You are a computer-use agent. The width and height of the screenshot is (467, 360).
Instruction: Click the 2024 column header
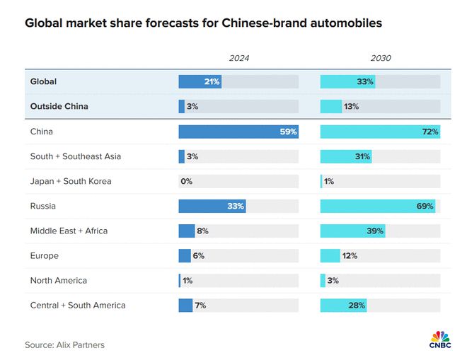click(x=238, y=58)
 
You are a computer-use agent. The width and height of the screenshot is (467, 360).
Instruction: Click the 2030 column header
click(x=380, y=58)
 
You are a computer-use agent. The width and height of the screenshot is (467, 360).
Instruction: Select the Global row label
click(x=43, y=82)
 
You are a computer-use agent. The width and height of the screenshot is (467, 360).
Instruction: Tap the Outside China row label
click(x=60, y=107)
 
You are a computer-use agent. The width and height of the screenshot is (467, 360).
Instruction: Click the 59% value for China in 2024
click(x=288, y=132)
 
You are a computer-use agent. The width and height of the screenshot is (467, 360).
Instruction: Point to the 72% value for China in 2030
click(x=430, y=132)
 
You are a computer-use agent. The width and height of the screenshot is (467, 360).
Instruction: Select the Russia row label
click(x=42, y=207)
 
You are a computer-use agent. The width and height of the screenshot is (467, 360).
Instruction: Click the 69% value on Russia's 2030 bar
click(x=425, y=207)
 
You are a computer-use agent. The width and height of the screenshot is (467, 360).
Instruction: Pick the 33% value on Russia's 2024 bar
click(x=236, y=207)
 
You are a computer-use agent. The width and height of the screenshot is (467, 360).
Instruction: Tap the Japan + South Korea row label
click(x=71, y=181)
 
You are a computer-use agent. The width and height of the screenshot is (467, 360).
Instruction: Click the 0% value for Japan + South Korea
click(x=186, y=181)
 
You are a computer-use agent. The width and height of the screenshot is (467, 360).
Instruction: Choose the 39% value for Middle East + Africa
click(x=375, y=231)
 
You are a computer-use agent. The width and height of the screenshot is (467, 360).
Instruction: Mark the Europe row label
click(x=44, y=256)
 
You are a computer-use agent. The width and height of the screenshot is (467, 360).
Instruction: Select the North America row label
click(x=59, y=281)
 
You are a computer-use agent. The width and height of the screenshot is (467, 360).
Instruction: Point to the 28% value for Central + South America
click(x=357, y=306)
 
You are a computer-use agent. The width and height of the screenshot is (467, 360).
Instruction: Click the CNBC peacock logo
click(x=440, y=335)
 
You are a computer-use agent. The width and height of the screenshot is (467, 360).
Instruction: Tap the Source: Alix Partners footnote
click(x=64, y=345)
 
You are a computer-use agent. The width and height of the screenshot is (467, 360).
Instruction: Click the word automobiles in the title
click(x=342, y=23)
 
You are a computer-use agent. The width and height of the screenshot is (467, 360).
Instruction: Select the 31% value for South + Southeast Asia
click(x=362, y=156)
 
